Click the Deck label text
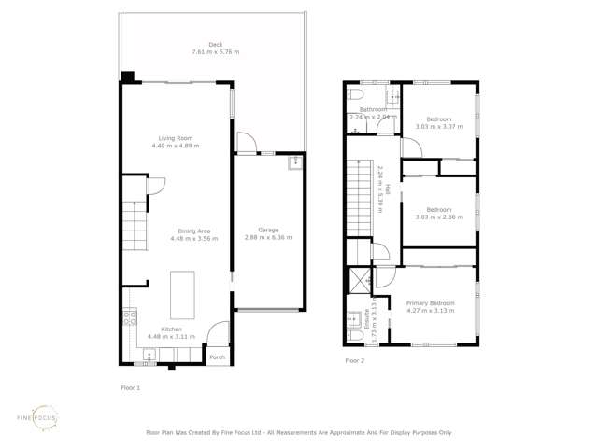click(216, 45)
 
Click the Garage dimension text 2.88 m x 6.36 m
click(268, 238)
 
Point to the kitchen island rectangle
click(182, 294)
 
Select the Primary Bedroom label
click(430, 303)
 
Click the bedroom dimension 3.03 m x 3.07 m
click(439, 127)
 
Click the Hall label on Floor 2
click(377, 177)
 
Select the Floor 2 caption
click(354, 359)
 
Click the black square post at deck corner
click(128, 77)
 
